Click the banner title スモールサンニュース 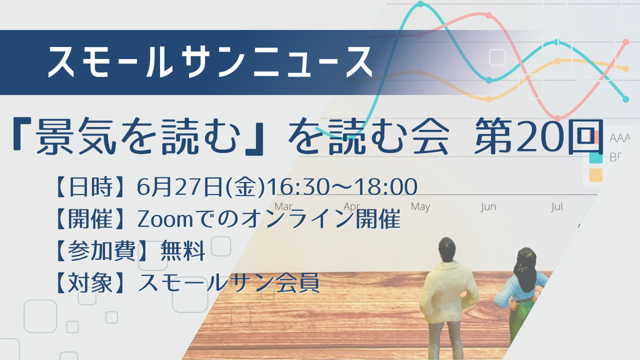(210, 62)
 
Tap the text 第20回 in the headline (539, 136)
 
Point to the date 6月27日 (180, 187)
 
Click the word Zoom (165, 219)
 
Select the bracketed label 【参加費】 (101, 251)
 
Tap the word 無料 (183, 251)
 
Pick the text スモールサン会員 (228, 283)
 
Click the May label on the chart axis (420, 206)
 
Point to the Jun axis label (488, 206)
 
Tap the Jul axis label (557, 206)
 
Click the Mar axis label (283, 206)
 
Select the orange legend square (596, 175)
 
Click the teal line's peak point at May (420, 4)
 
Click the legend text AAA (619, 138)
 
